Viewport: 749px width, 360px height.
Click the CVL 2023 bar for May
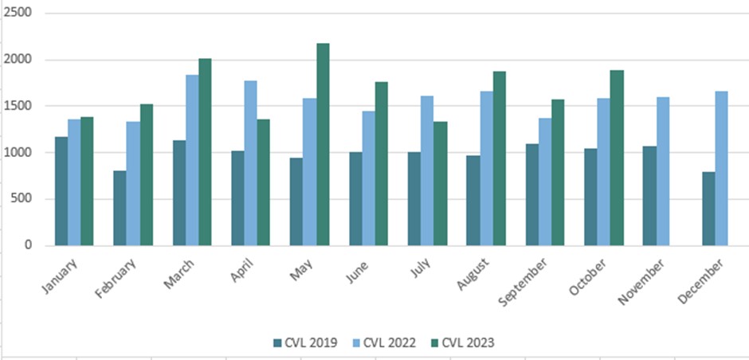[x=323, y=144]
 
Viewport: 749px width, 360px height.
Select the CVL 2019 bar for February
[x=120, y=208]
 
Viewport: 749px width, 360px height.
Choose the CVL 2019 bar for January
[x=61, y=191]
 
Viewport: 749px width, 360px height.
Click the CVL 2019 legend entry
[x=306, y=342]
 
